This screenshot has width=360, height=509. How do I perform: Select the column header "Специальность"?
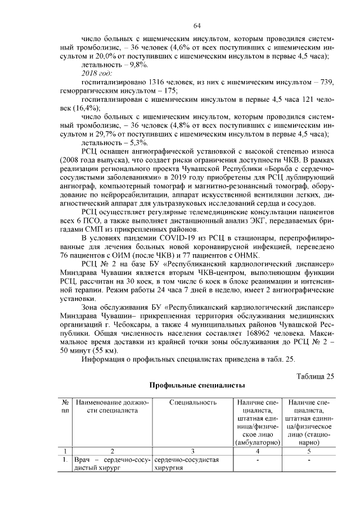tap(192, 403)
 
